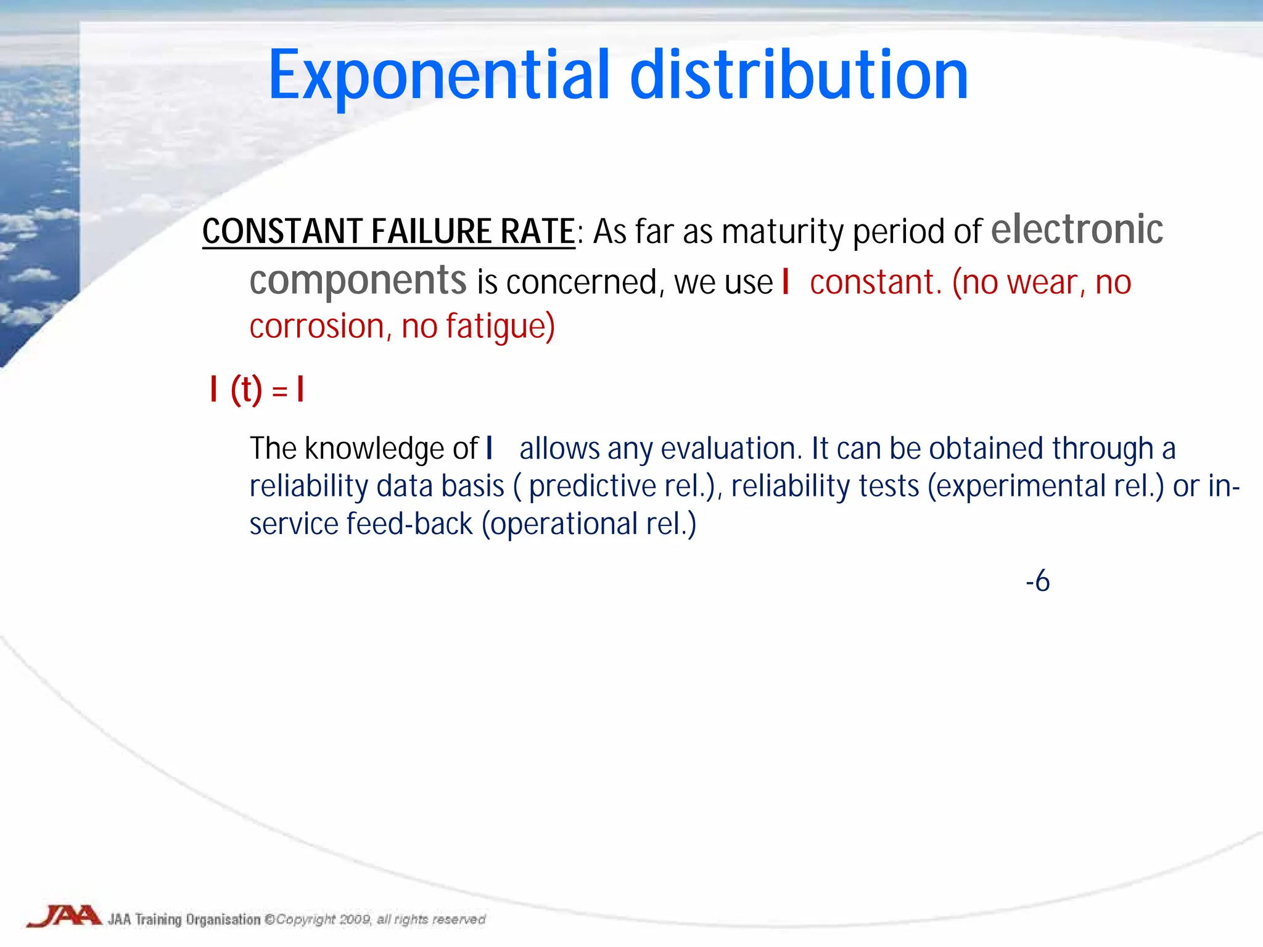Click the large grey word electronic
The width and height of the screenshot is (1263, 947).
coord(1077,229)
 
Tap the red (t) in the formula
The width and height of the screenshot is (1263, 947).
coord(247,390)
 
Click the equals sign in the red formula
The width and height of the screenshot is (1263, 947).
coord(279,391)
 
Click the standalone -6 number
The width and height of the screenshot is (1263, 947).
coord(1037,581)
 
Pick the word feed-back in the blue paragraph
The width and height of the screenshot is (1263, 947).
coord(409,524)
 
